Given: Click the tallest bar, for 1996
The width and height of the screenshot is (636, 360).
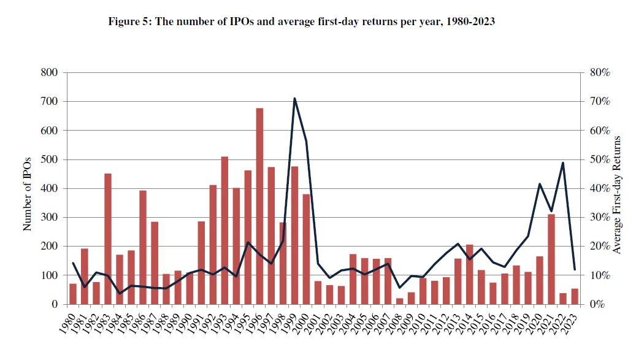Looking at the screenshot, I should click(259, 206).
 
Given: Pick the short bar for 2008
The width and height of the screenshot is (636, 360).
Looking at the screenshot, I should click(400, 301).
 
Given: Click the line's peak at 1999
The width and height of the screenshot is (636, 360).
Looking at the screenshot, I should click(294, 98).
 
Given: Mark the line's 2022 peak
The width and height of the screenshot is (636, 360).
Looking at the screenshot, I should click(563, 163).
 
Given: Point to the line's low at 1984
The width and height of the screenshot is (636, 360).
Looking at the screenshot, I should click(120, 293).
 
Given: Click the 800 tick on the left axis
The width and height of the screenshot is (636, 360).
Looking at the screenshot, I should click(49, 72).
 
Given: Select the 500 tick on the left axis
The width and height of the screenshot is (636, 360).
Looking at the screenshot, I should click(49, 159).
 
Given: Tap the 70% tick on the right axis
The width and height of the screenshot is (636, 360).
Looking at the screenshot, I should click(600, 101).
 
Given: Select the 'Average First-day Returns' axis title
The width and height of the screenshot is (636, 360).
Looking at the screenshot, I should click(617, 195).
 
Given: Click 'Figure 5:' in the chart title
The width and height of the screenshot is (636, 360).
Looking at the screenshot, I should click(131, 21).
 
